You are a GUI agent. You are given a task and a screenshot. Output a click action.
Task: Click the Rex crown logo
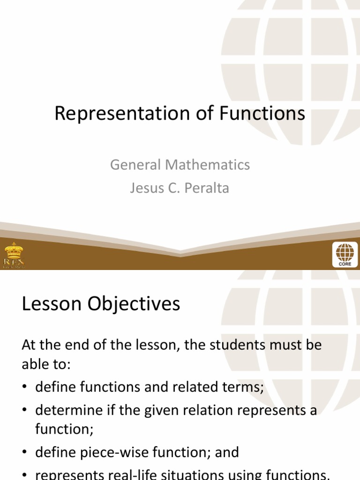tap(14, 255)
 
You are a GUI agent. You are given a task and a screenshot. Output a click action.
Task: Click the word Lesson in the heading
tap(50, 304)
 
